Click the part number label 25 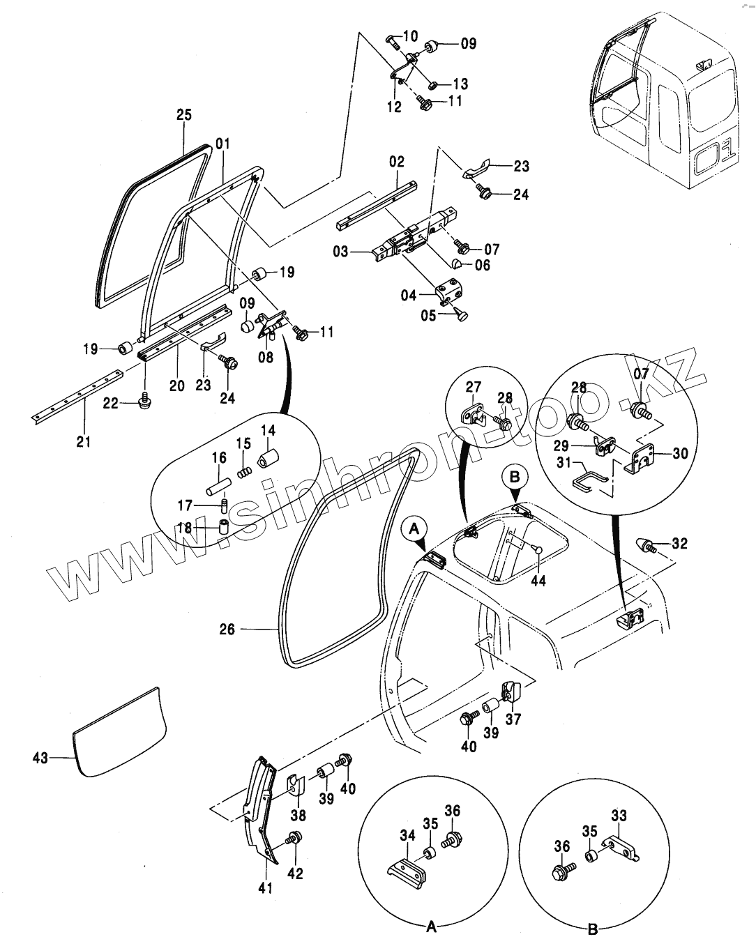tap(183, 116)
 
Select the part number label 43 tap(40, 757)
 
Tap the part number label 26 tap(227, 630)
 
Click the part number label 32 tap(679, 543)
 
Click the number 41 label tap(266, 887)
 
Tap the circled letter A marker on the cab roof tap(414, 529)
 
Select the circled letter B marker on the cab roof tap(515, 478)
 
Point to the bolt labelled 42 tap(294, 839)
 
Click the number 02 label tap(397, 162)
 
